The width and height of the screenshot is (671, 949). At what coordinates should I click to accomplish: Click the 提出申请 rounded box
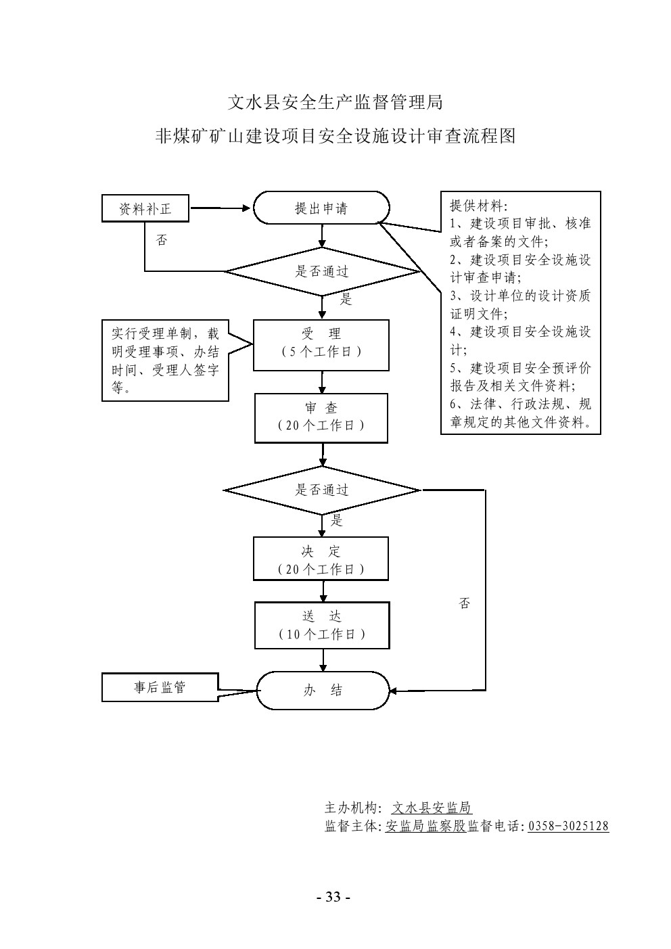(321, 208)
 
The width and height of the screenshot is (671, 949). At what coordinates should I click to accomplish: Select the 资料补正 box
(145, 209)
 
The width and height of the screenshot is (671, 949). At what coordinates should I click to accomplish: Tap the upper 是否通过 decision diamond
(322, 272)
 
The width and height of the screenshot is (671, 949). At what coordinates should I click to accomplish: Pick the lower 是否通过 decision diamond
(322, 490)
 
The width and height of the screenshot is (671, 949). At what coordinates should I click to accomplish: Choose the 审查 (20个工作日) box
(321, 418)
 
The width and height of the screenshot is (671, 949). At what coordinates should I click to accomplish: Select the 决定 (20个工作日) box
(321, 559)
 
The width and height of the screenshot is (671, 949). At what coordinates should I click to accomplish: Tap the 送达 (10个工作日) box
(322, 625)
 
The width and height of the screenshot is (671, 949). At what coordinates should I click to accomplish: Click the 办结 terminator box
(323, 690)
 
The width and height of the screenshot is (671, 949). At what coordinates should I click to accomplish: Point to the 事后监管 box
(160, 687)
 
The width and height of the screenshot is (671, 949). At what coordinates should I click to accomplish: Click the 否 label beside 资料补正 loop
(161, 240)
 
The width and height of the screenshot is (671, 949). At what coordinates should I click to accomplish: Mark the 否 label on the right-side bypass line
(464, 603)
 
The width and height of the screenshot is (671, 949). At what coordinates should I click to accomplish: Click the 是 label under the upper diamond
(346, 300)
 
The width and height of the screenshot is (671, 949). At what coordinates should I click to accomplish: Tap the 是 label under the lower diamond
(336, 520)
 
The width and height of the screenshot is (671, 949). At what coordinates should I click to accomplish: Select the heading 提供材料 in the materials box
(478, 206)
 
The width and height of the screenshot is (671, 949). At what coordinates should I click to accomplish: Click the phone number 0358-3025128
(568, 826)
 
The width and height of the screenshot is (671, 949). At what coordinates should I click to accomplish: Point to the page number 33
(333, 898)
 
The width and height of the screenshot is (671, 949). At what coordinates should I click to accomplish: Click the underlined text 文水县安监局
(432, 808)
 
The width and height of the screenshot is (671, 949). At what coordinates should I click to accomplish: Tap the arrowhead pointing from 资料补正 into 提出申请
(246, 208)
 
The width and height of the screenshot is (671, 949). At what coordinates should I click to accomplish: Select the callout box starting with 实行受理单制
(165, 361)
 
